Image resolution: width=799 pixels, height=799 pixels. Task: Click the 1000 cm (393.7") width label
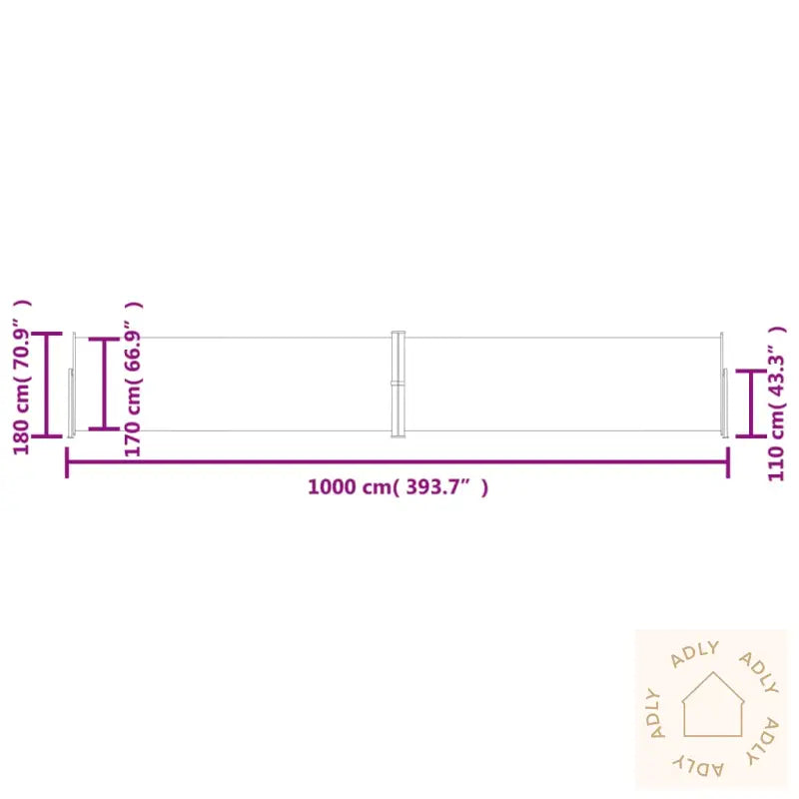pyautogui.click(x=398, y=487)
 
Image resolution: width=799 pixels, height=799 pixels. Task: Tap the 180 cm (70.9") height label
pyautogui.click(x=21, y=378)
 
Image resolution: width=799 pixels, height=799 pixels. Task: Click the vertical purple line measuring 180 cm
pyautogui.click(x=46, y=385)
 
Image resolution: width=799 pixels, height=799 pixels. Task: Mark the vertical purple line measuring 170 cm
pyautogui.click(x=104, y=385)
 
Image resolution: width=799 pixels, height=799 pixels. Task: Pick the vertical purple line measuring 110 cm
pyautogui.click(x=751, y=403)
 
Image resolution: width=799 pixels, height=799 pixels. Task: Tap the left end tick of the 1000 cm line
pyautogui.click(x=67, y=462)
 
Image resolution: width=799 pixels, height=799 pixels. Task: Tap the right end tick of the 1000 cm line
pyautogui.click(x=728, y=462)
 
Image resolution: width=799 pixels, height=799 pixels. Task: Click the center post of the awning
pyautogui.click(x=398, y=385)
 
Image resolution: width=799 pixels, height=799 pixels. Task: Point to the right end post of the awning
pyautogui.click(x=723, y=385)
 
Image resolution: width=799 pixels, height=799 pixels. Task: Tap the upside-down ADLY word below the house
pyautogui.click(x=699, y=765)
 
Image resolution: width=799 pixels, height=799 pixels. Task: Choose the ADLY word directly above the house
pyautogui.click(x=696, y=653)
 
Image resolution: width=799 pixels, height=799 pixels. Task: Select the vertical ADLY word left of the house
pyautogui.click(x=656, y=714)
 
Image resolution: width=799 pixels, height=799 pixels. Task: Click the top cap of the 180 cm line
pyautogui.click(x=46, y=334)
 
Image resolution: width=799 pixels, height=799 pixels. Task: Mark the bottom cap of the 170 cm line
pyautogui.click(x=104, y=429)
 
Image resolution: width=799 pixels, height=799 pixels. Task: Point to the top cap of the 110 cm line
pyautogui.click(x=751, y=372)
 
